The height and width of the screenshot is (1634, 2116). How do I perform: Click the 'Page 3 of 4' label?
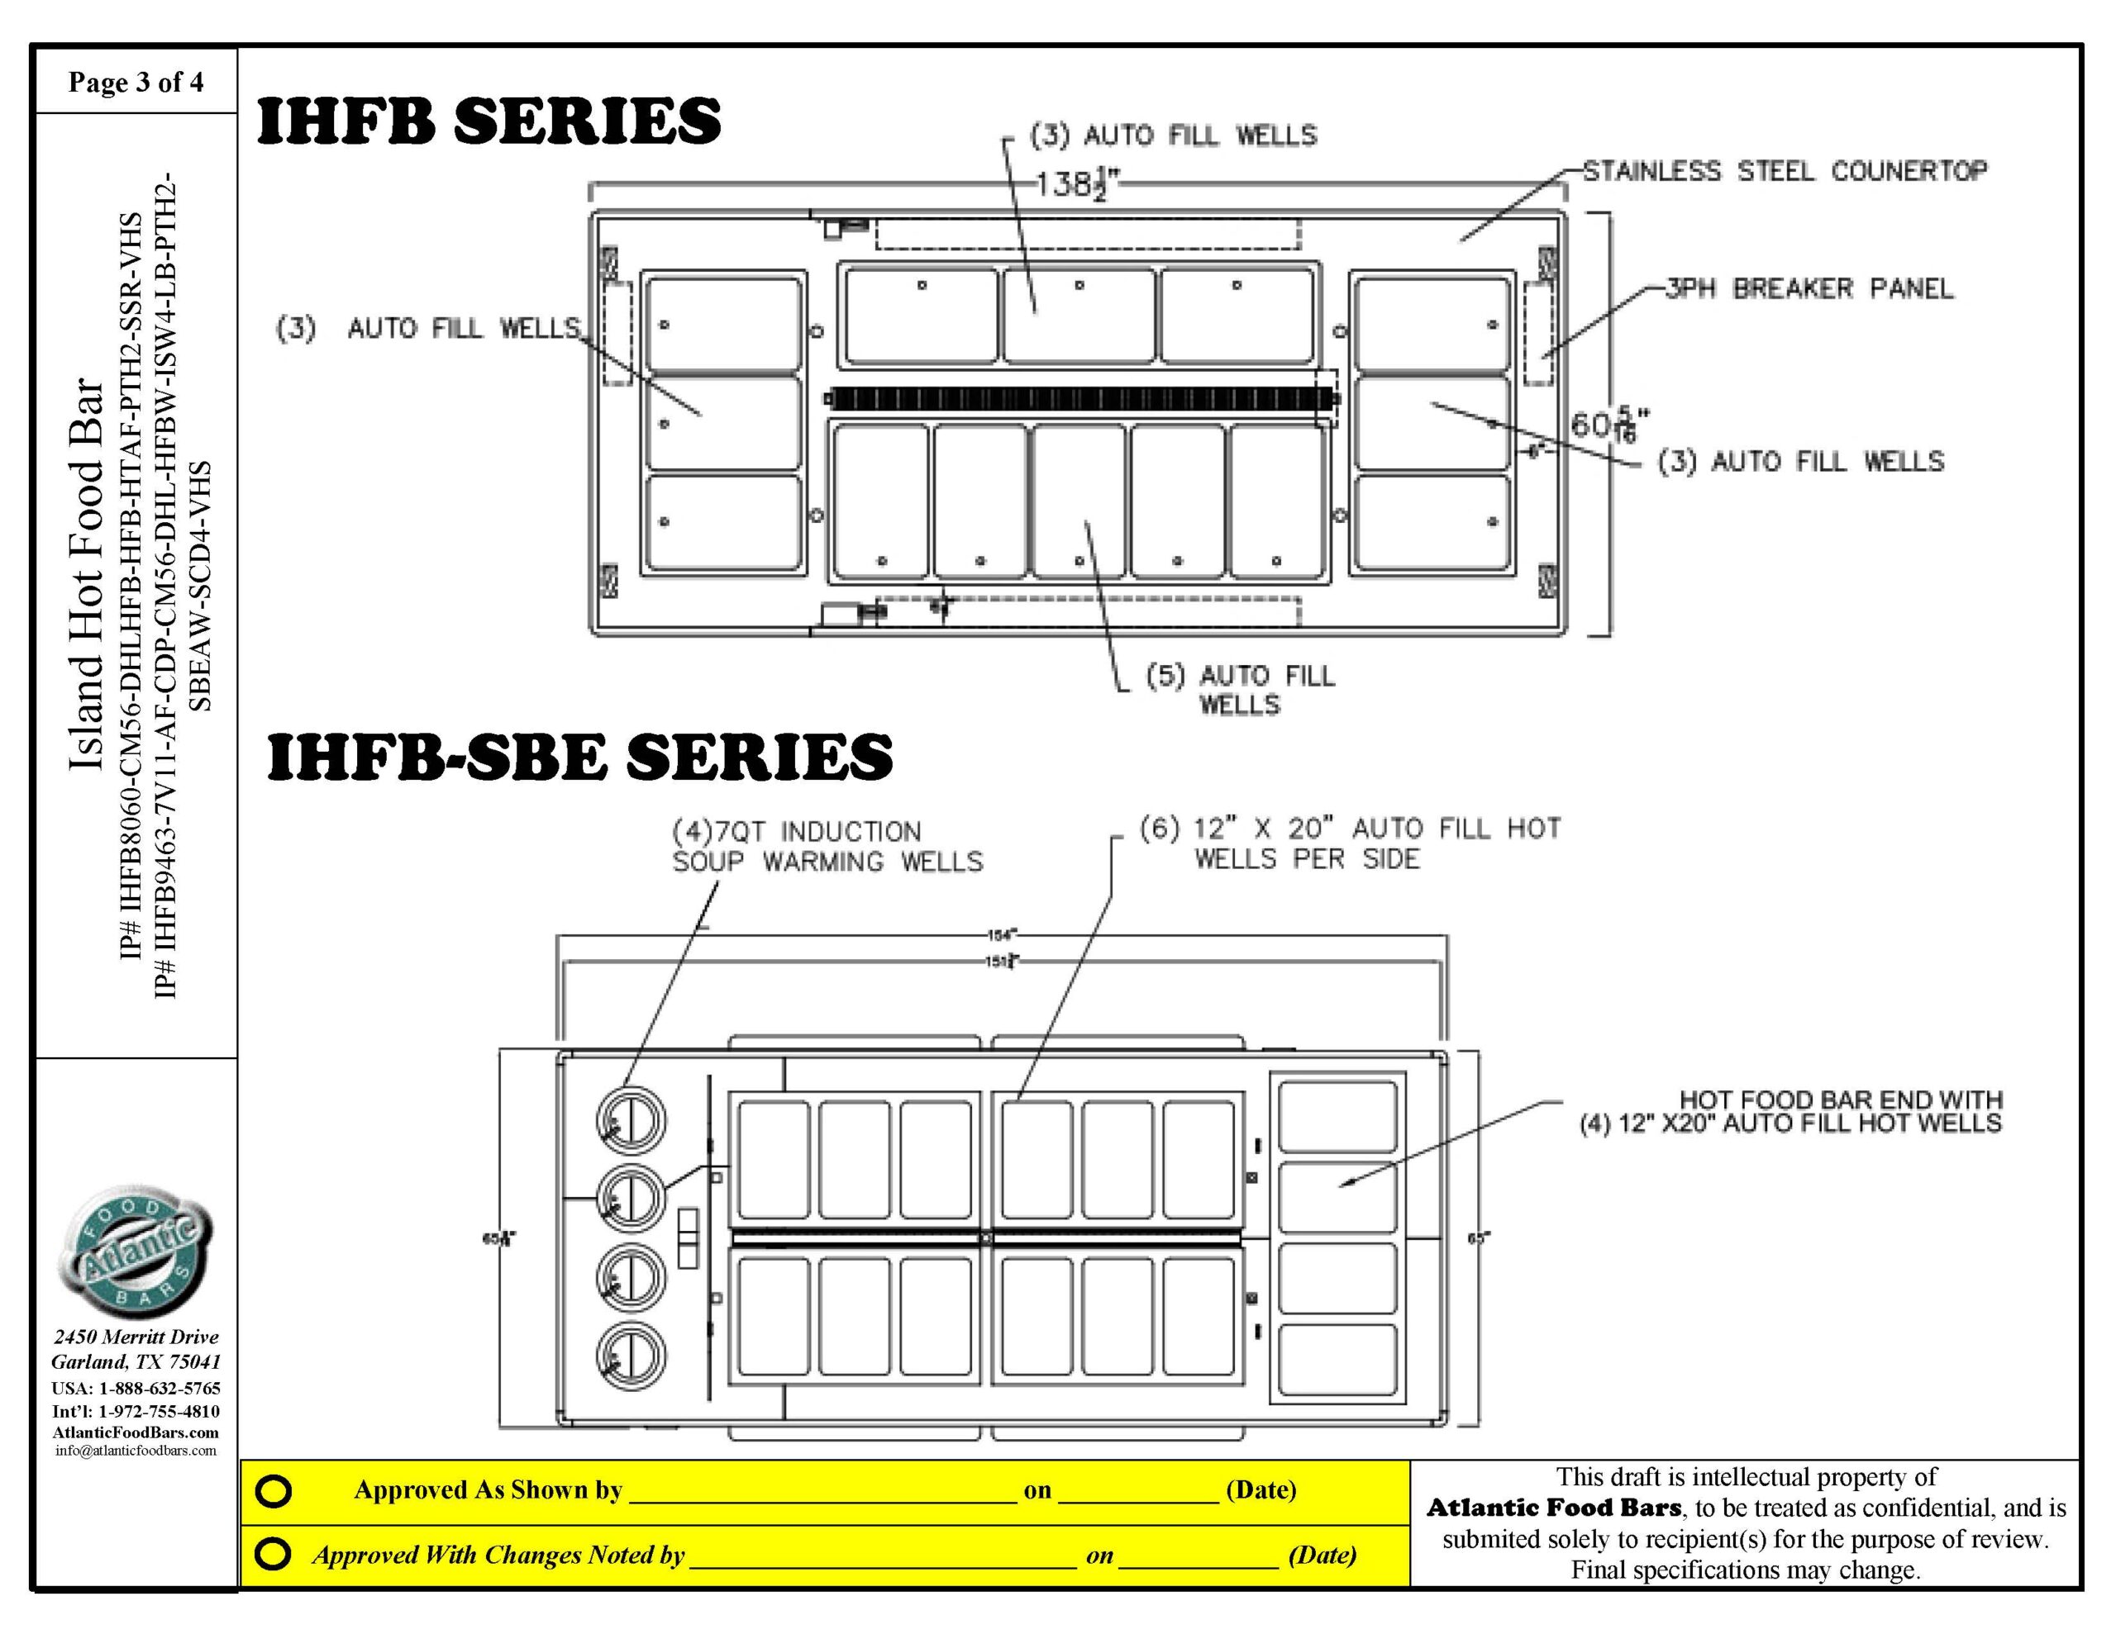136,83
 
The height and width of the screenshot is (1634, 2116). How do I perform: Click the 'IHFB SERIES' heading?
488,121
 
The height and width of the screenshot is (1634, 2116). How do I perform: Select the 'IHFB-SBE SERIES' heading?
579,757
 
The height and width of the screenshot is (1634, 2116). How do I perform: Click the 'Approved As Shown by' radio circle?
274,1490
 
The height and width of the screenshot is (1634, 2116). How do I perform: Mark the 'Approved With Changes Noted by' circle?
274,1555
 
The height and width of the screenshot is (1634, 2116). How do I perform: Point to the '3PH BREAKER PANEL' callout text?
1809,288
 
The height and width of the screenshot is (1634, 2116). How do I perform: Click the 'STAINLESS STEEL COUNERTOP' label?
1785,172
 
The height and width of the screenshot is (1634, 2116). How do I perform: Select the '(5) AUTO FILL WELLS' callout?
1240,690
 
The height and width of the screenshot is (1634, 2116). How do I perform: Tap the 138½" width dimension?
1075,183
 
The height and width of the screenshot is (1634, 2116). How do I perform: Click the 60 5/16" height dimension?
1608,425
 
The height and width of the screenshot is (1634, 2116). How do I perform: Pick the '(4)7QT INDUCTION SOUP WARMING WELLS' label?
827,847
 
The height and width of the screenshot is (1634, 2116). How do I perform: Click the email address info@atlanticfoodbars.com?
136,1450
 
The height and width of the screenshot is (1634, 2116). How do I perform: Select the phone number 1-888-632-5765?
159,1388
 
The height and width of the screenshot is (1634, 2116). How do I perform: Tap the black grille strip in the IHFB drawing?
1080,398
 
